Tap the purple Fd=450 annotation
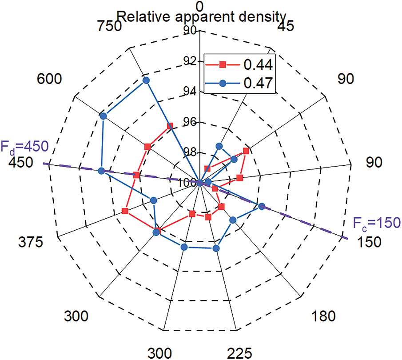[x=24, y=146]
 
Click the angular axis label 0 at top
[x=200, y=6]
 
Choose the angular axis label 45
[x=285, y=27]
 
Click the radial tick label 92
[x=192, y=61]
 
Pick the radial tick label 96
[x=192, y=122]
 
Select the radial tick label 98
[x=192, y=153]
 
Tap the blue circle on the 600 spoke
[x=103, y=116]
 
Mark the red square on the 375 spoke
[x=125, y=211]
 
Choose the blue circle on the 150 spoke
[x=262, y=206]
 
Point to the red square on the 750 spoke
[x=170, y=126]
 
